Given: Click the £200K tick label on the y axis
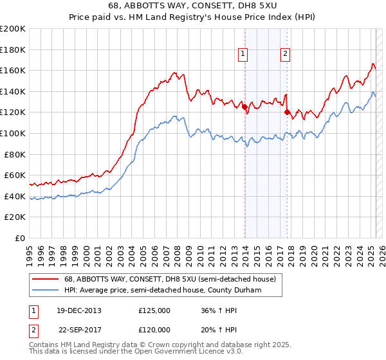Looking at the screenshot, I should click(13, 29).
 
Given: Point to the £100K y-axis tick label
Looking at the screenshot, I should click(13, 133).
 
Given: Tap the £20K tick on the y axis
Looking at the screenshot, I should click(15, 217).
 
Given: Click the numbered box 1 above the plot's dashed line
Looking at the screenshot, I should click(243, 55).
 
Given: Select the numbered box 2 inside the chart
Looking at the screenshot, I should click(284, 55).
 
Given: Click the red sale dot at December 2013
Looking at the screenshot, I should click(245, 107).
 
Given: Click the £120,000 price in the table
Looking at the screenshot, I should click(154, 329).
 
